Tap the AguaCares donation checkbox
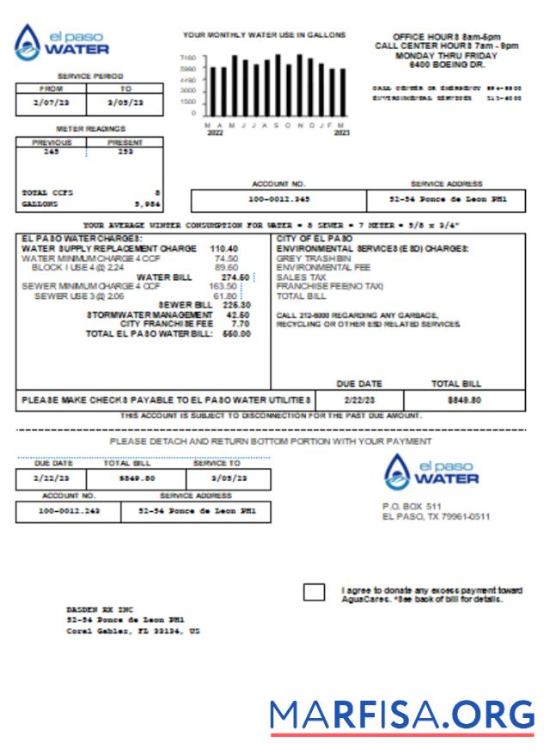click(x=315, y=592)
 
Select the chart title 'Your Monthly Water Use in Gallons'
click(x=264, y=35)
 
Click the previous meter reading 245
click(x=51, y=151)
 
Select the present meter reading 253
click(x=125, y=151)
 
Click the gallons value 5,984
click(x=147, y=204)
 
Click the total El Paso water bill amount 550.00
click(x=236, y=333)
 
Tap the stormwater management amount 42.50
click(x=237, y=314)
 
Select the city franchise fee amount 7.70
click(x=241, y=324)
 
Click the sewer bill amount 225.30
click(x=236, y=305)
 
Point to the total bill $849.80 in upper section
click(x=464, y=400)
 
